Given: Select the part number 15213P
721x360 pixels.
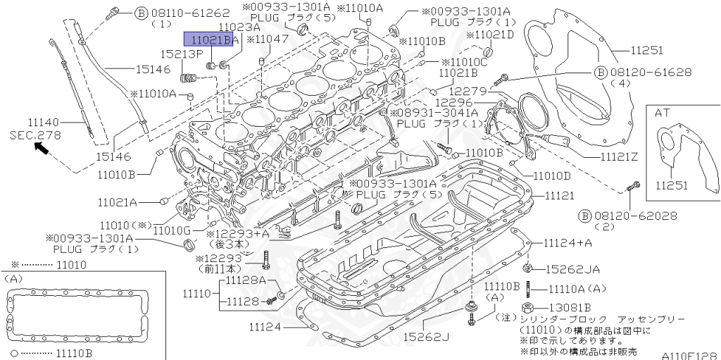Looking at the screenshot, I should point(181,54).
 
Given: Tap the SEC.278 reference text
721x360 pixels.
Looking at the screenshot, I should point(35,134).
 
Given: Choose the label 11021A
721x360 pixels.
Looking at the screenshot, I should point(118,201).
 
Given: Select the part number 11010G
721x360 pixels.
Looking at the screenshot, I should point(172,230).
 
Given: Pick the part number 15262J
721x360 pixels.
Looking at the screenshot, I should point(426,337).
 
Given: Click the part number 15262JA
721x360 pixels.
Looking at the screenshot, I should point(575,269).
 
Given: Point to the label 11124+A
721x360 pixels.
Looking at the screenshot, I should point(568,242).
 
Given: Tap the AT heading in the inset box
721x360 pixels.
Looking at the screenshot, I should point(662,112).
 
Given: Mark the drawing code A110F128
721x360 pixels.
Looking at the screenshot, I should point(689,354).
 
